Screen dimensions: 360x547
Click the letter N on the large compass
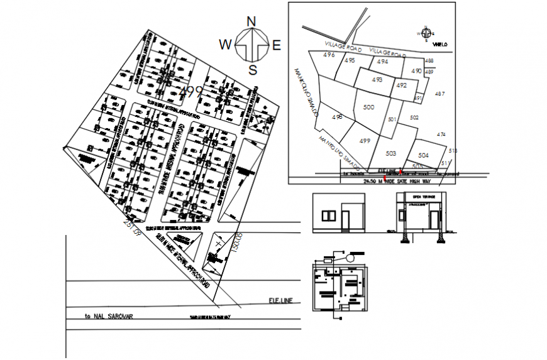coord(252,21)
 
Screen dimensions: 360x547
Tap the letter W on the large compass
coord(225,44)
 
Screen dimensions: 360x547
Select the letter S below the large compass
coord(253,69)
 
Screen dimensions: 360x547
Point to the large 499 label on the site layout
coord(191,92)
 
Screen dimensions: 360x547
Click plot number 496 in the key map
coord(329,55)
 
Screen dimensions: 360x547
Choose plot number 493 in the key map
coord(377,80)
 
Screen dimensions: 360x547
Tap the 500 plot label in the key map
coord(369,107)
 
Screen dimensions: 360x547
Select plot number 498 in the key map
coord(338,117)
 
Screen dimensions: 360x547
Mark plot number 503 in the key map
coord(390,153)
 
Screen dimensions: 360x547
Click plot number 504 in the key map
coord(423,155)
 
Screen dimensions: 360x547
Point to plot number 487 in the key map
coord(439,94)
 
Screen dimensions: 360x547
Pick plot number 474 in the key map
coord(441,134)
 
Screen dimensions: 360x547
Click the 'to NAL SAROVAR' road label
coord(110,317)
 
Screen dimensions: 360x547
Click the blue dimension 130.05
coord(236,243)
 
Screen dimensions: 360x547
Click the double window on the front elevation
coord(329,216)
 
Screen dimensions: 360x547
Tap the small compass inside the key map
coord(426,33)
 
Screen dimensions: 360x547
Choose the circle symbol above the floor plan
coord(359,254)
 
